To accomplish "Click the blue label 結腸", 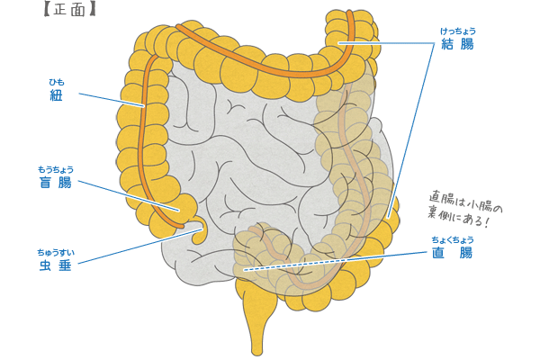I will pyautogui.click(x=455, y=44).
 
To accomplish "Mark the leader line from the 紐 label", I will pyautogui.click(x=112, y=99).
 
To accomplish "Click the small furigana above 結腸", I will pyautogui.click(x=455, y=31).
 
